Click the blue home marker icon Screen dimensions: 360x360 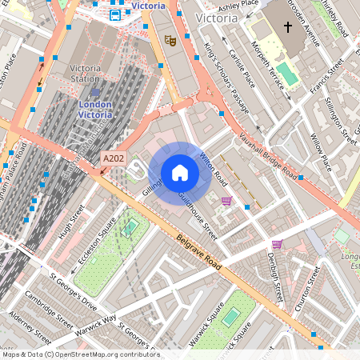coord(180,173)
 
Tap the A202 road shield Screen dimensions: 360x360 coord(114,160)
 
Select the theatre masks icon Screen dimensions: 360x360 coord(169,39)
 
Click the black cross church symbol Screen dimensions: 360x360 coord(287,27)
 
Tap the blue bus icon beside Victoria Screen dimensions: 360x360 coord(115,14)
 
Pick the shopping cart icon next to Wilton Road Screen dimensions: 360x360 coord(227,200)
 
